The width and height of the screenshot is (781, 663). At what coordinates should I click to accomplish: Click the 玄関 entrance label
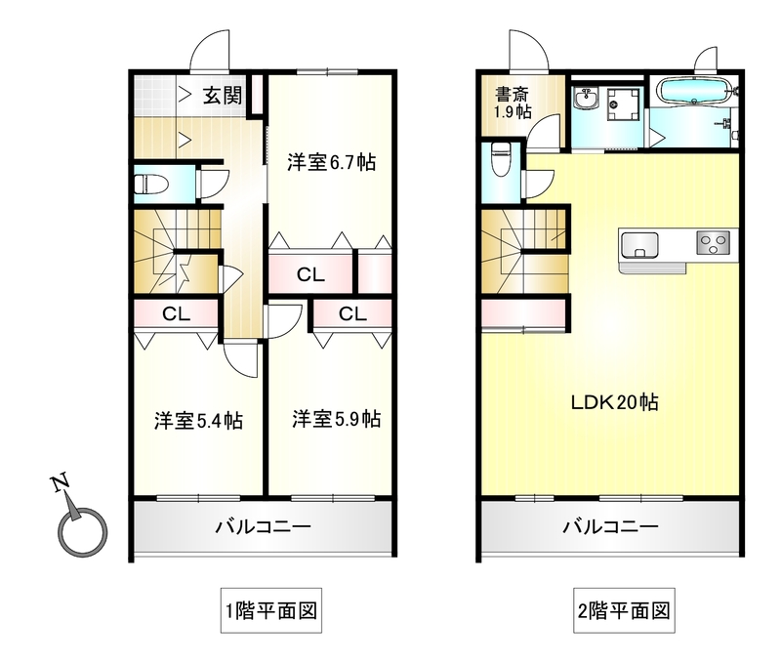tap(223, 96)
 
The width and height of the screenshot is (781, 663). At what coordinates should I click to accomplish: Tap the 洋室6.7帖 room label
tap(331, 163)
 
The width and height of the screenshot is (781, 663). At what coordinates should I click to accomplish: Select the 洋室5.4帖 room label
tap(198, 421)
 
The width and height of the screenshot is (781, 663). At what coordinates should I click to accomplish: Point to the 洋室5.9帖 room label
tap(336, 420)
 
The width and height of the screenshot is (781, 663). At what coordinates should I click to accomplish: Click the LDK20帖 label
tap(614, 401)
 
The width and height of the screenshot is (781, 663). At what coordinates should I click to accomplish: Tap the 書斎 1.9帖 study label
tap(511, 103)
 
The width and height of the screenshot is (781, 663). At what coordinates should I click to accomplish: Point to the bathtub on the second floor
tap(695, 94)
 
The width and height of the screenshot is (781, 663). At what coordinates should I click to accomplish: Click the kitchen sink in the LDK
tap(642, 242)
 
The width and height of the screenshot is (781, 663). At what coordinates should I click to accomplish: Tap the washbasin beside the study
tap(589, 100)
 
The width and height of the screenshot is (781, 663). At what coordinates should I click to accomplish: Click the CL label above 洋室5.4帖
tap(176, 314)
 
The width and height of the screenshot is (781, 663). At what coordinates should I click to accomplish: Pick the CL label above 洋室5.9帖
tap(352, 314)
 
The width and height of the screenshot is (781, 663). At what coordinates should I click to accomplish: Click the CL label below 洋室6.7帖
tap(310, 275)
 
